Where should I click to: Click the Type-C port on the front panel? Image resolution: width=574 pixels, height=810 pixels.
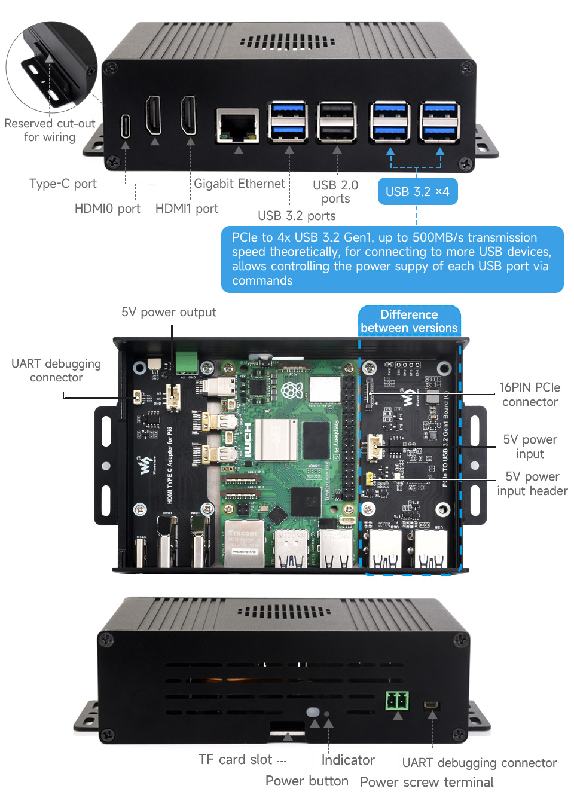tap(126, 126)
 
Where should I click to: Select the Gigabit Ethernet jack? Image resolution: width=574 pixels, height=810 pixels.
tap(237, 126)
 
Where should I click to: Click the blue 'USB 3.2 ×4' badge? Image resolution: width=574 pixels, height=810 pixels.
tap(417, 191)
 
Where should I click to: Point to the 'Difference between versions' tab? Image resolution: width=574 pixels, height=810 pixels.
tap(409, 321)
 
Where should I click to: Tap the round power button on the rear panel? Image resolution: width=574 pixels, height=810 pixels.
tap(313, 712)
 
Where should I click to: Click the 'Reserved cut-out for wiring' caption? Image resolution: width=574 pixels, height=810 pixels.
tap(50, 130)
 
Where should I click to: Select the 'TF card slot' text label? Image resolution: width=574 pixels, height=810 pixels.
tap(235, 759)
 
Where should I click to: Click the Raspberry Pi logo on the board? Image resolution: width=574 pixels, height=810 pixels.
tap(292, 391)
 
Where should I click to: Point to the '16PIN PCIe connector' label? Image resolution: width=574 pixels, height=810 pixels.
tap(530, 395)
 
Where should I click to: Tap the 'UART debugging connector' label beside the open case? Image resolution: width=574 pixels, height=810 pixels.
tap(56, 371)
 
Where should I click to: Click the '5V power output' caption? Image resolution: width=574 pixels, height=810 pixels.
tap(169, 312)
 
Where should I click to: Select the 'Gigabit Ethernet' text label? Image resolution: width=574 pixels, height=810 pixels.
tap(239, 184)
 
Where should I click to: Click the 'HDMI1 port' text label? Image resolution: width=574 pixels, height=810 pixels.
tap(187, 209)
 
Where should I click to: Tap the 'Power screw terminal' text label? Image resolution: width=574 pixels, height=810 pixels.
tap(426, 782)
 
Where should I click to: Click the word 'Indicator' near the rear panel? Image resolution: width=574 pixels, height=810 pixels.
tap(348, 760)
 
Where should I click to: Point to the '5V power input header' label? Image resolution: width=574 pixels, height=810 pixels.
tap(532, 484)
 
